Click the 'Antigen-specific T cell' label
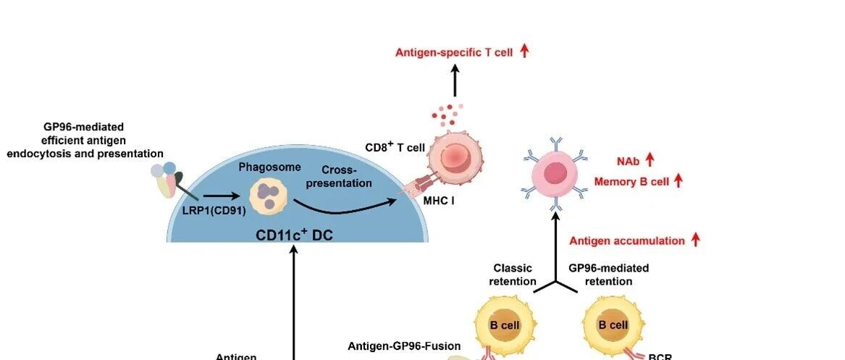pyautogui.click(x=454, y=52)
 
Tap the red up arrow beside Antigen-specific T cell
pyautogui.click(x=525, y=51)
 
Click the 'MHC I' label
pyautogui.click(x=439, y=200)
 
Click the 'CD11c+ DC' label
pyautogui.click(x=294, y=235)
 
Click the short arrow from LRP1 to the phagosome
pyautogui.click(x=222, y=195)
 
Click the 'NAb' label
pyautogui.click(x=627, y=160)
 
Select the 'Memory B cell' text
pyautogui.click(x=631, y=182)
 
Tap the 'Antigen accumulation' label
pyautogui.click(x=627, y=240)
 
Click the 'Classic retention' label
pyautogui.click(x=513, y=275)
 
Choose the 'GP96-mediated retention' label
pyautogui.click(x=608, y=275)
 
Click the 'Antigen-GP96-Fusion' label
pyautogui.click(x=405, y=346)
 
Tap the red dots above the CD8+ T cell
pyautogui.click(x=447, y=113)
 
